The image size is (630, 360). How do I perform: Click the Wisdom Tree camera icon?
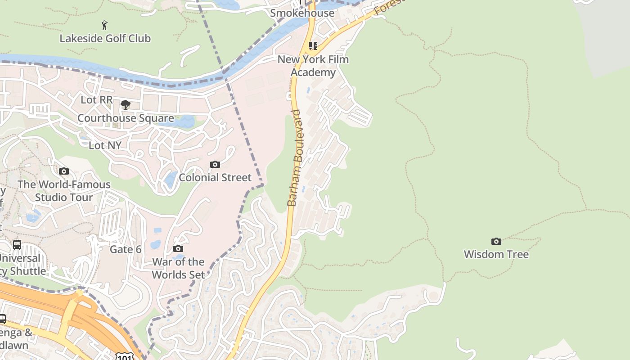pos(496,242)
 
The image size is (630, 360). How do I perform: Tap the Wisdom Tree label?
pos(496,254)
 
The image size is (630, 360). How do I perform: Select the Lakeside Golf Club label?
pos(105,38)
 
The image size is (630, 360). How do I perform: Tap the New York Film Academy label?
pos(313,66)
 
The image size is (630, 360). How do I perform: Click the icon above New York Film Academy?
pos(313,45)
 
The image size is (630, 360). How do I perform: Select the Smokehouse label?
pos(302,13)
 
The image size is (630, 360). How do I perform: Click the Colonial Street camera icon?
pos(215,165)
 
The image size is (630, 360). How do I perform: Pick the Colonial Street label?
pos(215,177)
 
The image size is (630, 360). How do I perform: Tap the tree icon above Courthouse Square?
pos(126,105)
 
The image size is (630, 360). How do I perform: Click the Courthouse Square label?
pos(126,118)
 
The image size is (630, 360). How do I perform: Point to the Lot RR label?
pos(96,99)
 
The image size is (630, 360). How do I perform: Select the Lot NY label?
pos(105,145)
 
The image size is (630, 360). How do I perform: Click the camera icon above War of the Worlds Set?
pos(178,249)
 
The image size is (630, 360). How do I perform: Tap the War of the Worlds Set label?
pos(178,268)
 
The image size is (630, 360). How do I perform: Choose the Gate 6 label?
pos(126,249)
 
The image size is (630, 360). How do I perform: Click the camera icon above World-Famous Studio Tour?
pos(64,171)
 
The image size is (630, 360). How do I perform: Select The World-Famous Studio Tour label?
pos(64,191)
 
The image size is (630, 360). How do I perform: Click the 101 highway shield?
pos(123,356)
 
